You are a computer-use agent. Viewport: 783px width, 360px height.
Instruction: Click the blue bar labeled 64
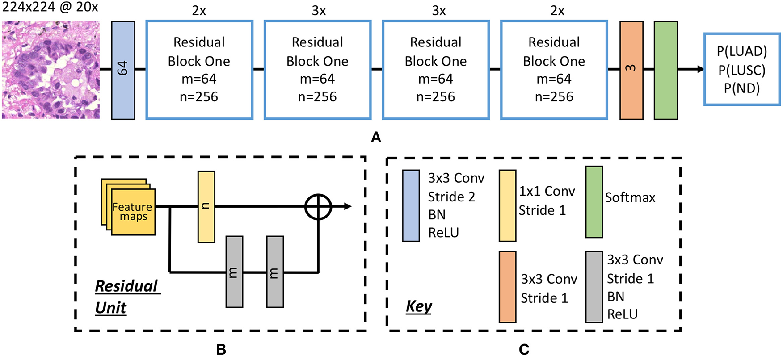pyautogui.click(x=123, y=70)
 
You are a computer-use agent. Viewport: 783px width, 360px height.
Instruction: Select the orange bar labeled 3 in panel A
pyautogui.click(x=631, y=70)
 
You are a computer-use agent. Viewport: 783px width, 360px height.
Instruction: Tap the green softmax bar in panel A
pyautogui.click(x=665, y=70)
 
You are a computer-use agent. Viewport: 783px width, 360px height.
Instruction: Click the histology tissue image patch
pyautogui.click(x=51, y=70)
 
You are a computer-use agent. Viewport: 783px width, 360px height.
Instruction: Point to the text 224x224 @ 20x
pyautogui.click(x=50, y=7)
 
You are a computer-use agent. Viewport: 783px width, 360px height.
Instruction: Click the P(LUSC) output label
pyautogui.click(x=742, y=70)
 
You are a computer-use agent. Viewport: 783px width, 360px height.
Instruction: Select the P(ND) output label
pyautogui.click(x=742, y=88)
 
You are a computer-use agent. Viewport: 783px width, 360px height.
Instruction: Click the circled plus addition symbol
pyautogui.click(x=318, y=207)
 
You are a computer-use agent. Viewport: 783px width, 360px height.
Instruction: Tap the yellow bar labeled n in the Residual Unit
pyautogui.click(x=206, y=206)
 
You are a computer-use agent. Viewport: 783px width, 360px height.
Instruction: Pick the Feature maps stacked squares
pyautogui.click(x=130, y=207)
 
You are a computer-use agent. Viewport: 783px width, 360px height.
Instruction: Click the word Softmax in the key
pyautogui.click(x=630, y=197)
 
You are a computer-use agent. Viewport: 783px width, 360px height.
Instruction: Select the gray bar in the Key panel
pyautogui.click(x=594, y=287)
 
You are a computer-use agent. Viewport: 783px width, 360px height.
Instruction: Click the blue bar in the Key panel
pyautogui.click(x=411, y=205)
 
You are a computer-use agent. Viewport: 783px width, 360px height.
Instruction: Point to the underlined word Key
pyautogui.click(x=419, y=306)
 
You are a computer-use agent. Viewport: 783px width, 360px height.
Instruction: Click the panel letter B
pyautogui.click(x=221, y=350)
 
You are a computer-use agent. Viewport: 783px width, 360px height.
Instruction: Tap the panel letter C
pyautogui.click(x=524, y=350)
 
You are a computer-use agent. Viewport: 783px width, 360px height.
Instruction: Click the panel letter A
pyautogui.click(x=376, y=137)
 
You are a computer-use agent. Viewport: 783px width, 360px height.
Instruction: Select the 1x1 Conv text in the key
pyautogui.click(x=547, y=191)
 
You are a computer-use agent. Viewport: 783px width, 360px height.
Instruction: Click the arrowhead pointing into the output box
pyautogui.click(x=700, y=69)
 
